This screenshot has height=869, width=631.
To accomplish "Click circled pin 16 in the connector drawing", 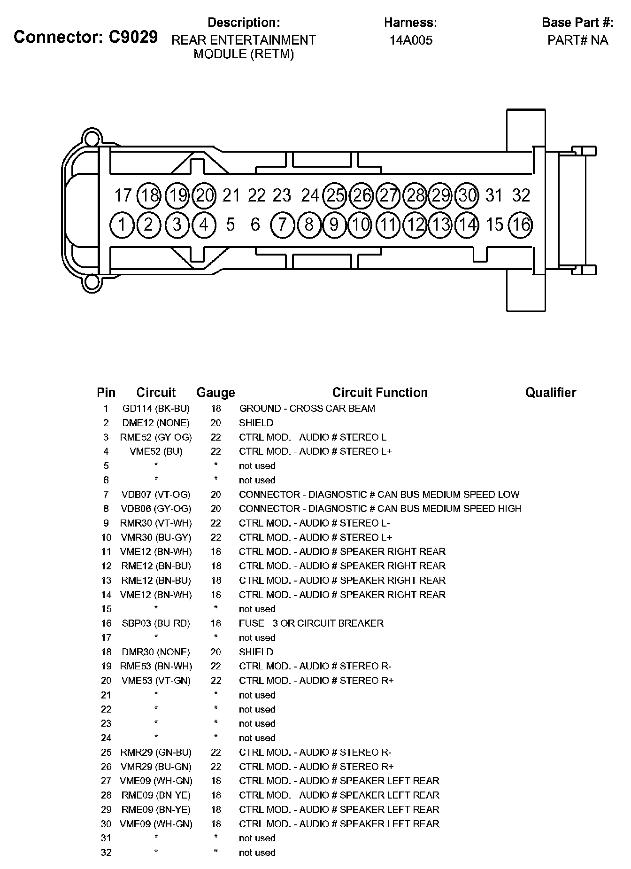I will (521, 225).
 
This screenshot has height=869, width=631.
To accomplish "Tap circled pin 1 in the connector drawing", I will (122, 225).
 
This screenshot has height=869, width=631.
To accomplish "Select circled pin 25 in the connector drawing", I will (335, 195).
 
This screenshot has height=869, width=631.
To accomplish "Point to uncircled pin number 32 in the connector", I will (521, 195).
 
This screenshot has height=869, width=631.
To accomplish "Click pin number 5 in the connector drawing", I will (230, 225).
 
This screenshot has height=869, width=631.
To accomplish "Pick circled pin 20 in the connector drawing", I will (205, 195).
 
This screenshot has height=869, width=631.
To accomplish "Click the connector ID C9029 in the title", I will (133, 37).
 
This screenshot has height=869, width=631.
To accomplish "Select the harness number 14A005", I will (411, 40).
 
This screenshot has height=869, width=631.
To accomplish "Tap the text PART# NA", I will (577, 40).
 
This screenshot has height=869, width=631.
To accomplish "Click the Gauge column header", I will (215, 393).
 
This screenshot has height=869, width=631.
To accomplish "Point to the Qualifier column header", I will (550, 393).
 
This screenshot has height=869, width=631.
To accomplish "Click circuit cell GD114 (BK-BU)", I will (156, 409).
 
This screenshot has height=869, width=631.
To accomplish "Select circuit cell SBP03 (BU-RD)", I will (156, 623).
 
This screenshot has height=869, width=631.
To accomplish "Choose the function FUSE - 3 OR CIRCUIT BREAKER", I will (311, 623).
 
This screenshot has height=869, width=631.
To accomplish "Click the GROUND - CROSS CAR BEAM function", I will (307, 409).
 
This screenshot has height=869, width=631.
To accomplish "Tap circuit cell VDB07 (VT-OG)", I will (156, 495).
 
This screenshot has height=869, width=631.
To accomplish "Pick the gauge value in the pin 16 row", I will (215, 623).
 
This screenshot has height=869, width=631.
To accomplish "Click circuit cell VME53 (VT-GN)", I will (156, 681).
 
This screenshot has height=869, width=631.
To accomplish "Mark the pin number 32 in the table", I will (106, 853).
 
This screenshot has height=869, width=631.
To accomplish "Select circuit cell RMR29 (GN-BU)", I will (156, 753).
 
